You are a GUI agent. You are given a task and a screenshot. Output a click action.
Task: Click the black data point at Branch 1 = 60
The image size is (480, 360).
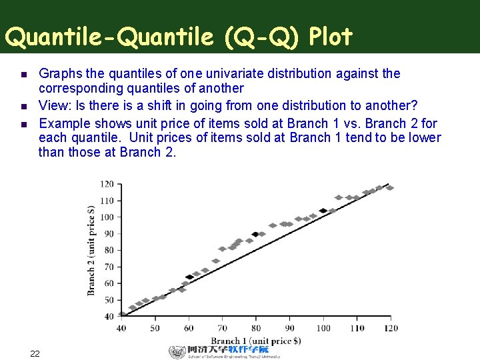[189, 277]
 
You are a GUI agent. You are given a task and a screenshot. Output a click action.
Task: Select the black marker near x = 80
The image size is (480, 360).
[255, 234]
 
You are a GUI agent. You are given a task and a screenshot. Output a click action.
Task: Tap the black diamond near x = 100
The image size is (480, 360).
[323, 211]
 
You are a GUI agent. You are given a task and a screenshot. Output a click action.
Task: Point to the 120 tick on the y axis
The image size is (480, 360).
[107, 184]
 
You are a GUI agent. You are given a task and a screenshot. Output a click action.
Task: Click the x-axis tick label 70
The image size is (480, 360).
[222, 328]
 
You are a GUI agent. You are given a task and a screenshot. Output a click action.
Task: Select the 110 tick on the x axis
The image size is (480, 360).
[357, 328]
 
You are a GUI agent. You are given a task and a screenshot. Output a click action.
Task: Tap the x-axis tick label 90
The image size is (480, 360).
[289, 328]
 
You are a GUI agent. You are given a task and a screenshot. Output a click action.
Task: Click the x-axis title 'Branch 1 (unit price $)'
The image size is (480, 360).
[256, 341]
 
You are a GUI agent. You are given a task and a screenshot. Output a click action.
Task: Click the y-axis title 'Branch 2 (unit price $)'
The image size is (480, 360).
[92, 250]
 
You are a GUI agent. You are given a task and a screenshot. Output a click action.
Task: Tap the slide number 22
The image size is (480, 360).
[35, 353]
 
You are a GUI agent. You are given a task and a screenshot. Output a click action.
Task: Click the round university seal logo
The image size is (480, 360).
[177, 352]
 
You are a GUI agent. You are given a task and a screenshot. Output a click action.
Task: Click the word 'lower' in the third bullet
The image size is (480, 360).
[425, 137]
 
